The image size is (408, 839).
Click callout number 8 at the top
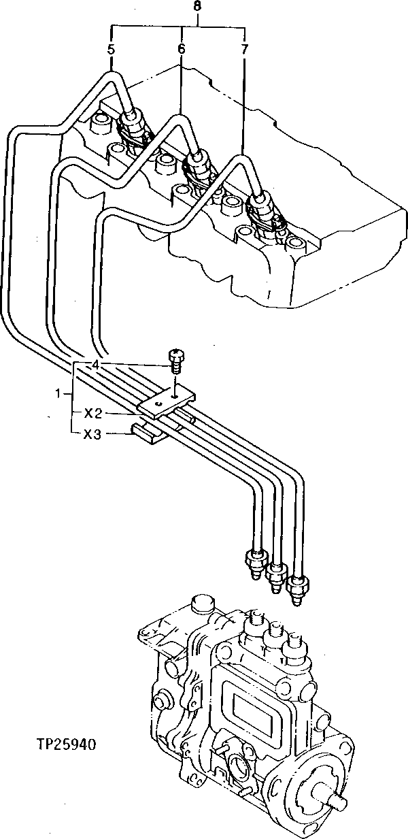[197, 6]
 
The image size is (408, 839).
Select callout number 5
[110, 50]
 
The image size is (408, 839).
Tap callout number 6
[182, 50]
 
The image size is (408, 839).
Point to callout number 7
[244, 50]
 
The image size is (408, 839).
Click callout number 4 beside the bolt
[96, 365]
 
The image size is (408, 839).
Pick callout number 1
[59, 393]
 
